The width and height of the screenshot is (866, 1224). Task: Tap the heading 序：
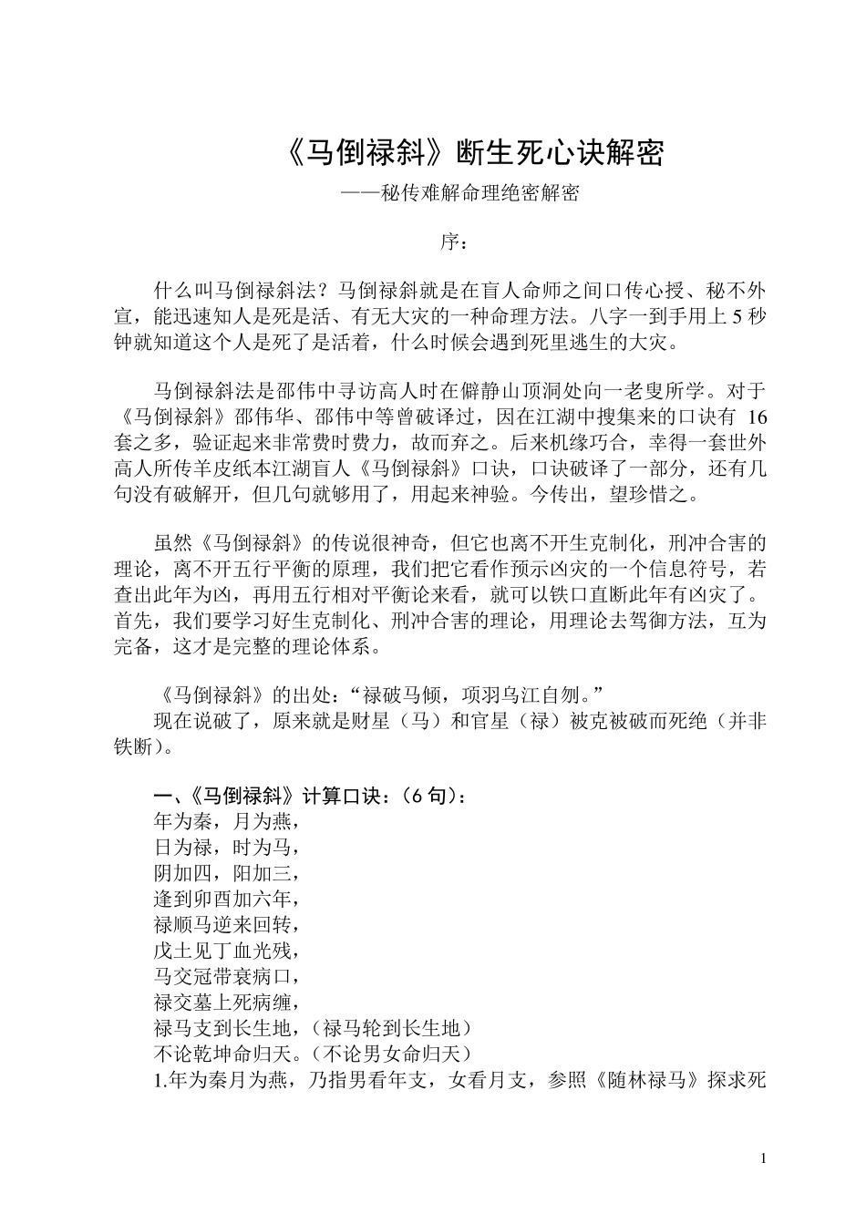[454, 242]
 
